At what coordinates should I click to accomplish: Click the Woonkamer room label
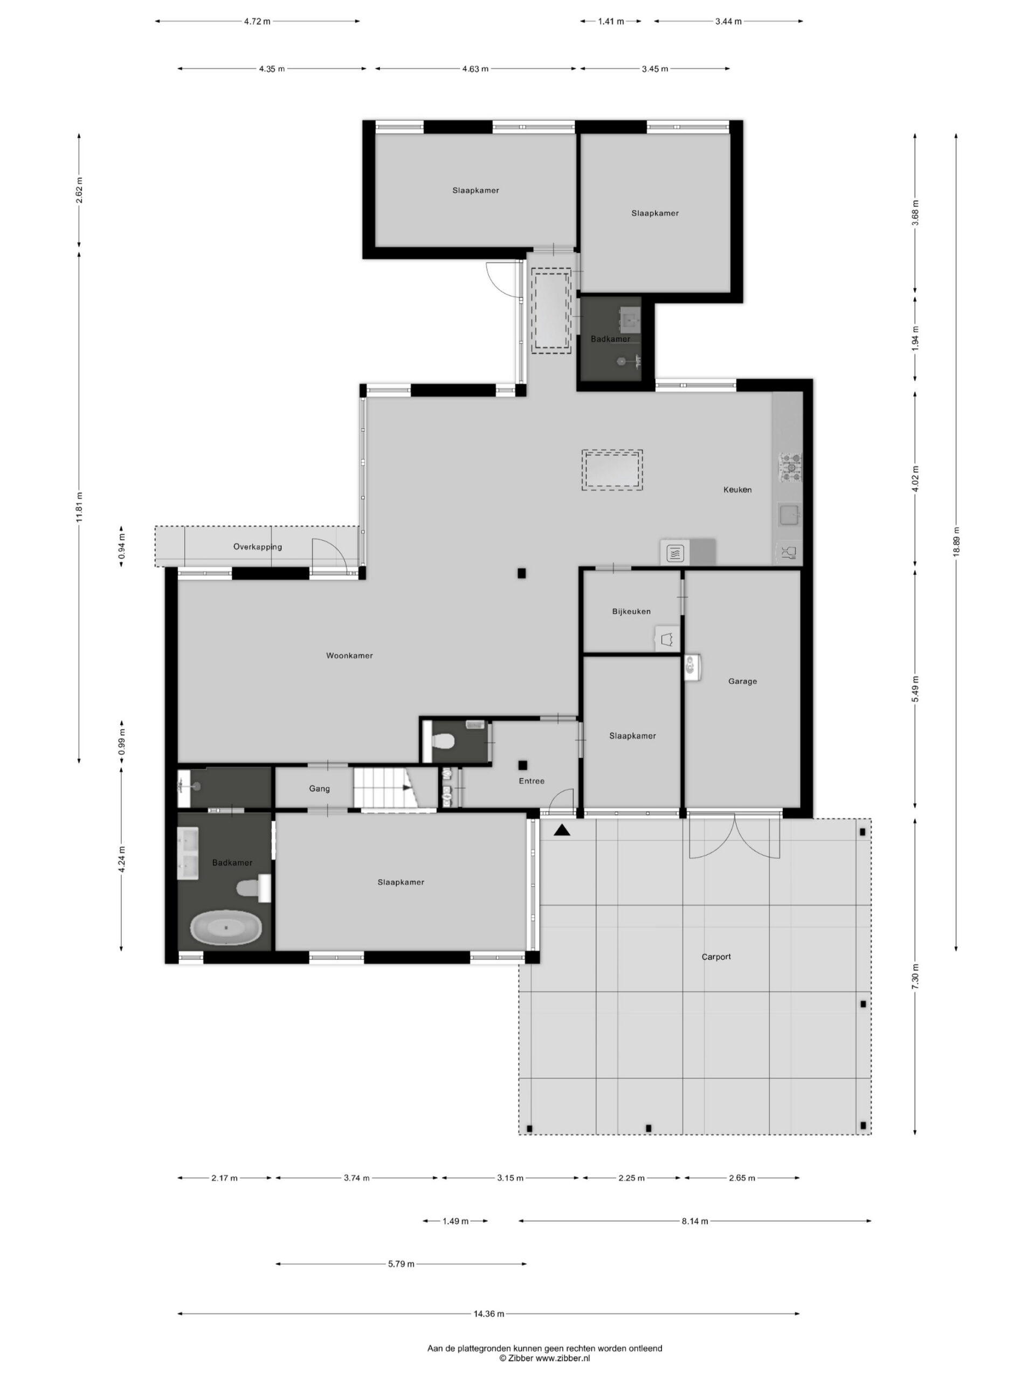coord(349,655)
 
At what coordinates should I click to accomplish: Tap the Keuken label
coord(737,489)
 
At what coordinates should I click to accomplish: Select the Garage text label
coord(742,681)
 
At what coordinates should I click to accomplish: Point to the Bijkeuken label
coord(631,611)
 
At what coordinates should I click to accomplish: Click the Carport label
coord(716,956)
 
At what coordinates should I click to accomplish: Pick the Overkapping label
coord(258,547)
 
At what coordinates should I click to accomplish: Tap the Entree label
coord(532,781)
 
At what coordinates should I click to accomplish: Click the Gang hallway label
coord(320,789)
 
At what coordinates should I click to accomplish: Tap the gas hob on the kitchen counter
coord(789,467)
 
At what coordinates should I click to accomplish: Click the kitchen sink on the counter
coord(789,516)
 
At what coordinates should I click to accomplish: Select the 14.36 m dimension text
coord(488,1313)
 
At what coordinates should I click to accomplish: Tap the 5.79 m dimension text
coord(401,1264)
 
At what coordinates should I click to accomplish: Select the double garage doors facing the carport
coord(734,837)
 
